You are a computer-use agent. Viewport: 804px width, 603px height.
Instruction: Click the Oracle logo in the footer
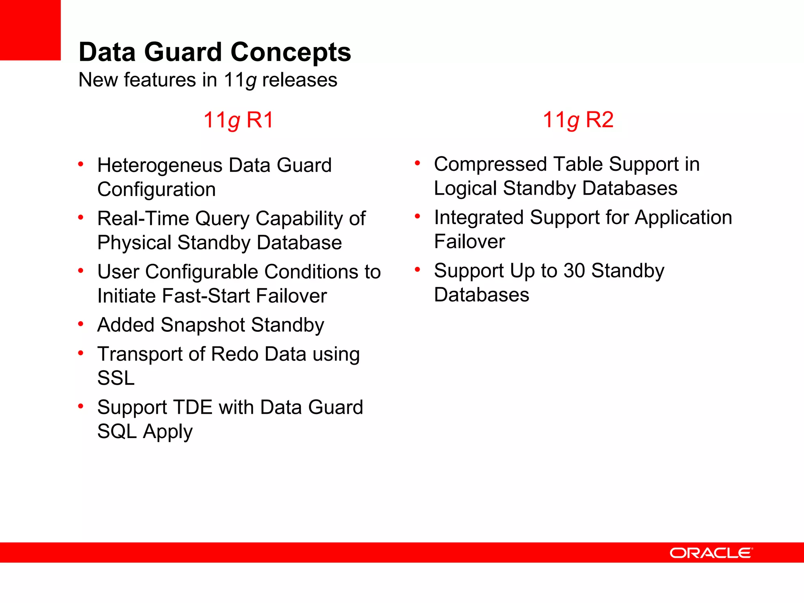(711, 553)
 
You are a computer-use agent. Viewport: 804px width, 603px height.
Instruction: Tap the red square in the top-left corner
(30, 30)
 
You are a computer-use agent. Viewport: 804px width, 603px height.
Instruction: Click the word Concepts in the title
(291, 52)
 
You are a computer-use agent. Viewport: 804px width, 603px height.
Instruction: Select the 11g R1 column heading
(238, 120)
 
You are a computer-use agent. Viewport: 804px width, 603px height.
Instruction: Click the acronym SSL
(116, 378)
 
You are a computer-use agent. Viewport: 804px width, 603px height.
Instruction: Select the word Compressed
(490, 164)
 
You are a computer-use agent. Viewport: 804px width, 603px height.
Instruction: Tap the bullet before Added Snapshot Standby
(81, 324)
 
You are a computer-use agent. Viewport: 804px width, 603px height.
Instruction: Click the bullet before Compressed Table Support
(417, 163)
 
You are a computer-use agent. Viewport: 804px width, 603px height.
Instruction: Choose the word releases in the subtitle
(300, 80)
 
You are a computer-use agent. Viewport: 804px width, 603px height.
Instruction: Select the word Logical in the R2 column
(465, 188)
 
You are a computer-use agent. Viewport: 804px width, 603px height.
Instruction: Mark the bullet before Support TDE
(81, 406)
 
